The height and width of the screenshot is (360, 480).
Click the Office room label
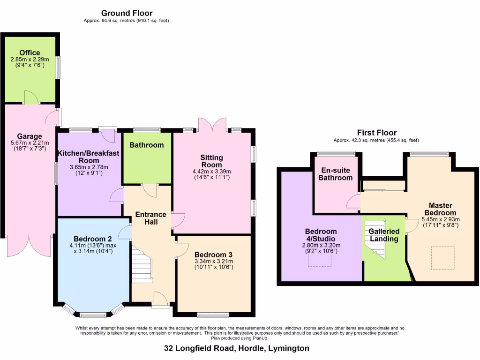30,53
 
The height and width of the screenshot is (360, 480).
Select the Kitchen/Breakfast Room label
89,157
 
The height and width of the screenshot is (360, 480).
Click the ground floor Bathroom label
147,145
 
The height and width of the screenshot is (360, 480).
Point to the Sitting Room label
212,161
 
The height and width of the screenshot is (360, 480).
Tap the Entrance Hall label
150,218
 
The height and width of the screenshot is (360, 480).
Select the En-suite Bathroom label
335,174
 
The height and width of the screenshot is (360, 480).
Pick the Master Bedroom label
441,209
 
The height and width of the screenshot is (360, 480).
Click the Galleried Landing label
384,235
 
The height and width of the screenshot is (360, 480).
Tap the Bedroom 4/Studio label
321,235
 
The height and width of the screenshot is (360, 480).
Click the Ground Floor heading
127,13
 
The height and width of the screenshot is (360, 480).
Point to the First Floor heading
376,133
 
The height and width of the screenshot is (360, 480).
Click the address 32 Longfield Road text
237,348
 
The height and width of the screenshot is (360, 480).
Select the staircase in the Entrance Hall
142,266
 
